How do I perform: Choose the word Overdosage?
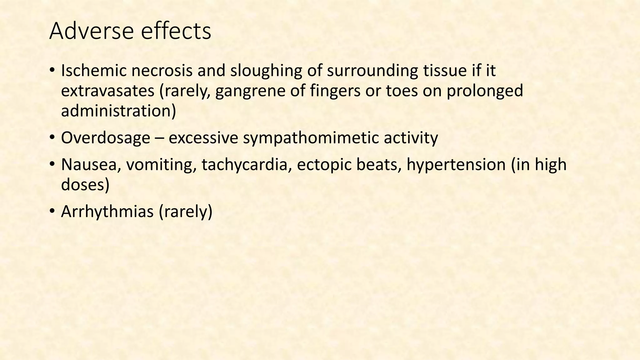click(x=105, y=138)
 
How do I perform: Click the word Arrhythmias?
click(x=107, y=212)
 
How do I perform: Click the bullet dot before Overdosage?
click(x=52, y=137)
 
